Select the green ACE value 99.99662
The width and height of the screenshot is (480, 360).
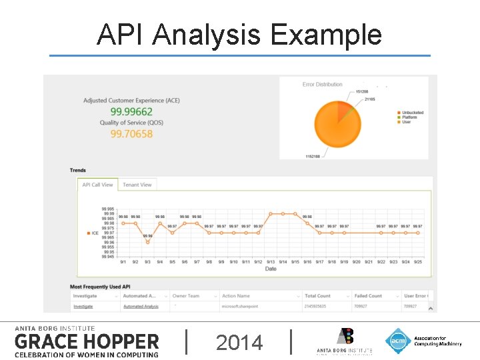pos(131,111)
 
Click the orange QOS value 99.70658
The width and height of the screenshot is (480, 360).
pos(131,134)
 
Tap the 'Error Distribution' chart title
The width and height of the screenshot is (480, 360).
pos(322,85)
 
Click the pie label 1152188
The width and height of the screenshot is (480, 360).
pos(312,156)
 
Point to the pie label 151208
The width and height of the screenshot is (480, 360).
pos(362,91)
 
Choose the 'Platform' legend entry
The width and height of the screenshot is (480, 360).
pos(410,117)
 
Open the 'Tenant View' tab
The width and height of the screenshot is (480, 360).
pos(137,185)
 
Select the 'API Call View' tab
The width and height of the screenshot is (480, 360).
pos(97,185)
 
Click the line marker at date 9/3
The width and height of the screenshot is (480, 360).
pos(147,242)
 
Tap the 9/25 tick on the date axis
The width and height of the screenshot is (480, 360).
pos(417,262)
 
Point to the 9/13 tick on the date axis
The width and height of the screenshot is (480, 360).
pos(270,262)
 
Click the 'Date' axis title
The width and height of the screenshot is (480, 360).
pos(271,269)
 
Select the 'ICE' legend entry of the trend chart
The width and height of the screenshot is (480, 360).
pos(94,233)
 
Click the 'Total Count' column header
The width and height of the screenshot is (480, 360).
pos(318,296)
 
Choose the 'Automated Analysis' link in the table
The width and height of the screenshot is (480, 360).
pos(141,307)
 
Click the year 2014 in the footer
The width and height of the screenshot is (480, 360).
pos(239,343)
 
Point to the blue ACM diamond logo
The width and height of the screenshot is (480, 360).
pos(397,341)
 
